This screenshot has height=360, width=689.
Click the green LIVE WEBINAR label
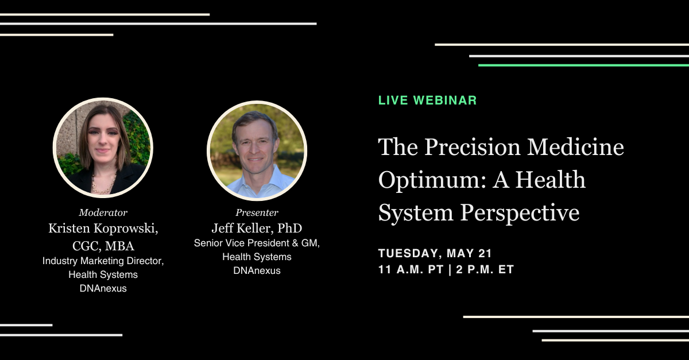coord(428,100)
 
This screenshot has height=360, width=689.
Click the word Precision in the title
coord(473,147)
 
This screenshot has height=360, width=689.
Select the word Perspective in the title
coord(520,213)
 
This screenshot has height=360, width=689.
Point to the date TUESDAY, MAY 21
coord(435,253)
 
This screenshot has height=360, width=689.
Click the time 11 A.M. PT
coord(411,269)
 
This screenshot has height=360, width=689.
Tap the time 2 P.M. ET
coord(485,269)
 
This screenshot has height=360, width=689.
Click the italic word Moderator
coord(103,212)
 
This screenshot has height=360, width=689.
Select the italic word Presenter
coord(257,212)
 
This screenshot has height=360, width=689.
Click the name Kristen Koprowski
coord(103,229)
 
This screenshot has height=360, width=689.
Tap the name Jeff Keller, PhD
coord(257,228)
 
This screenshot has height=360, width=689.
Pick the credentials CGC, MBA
coord(103,246)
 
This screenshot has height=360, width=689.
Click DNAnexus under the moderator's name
coord(103,288)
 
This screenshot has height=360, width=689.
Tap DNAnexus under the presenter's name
coord(257,270)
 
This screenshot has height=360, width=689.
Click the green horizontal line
coord(583,65)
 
